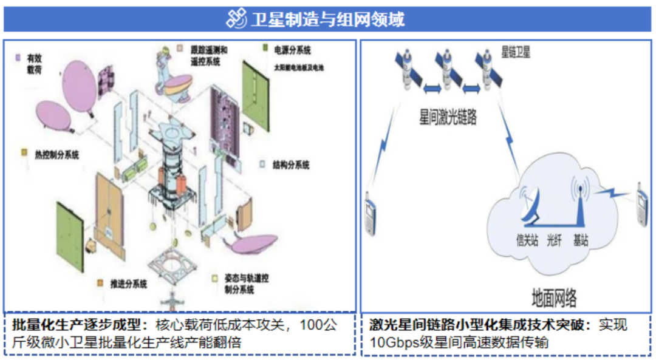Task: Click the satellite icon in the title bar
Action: coord(236,19)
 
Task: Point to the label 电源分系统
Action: coord(292,47)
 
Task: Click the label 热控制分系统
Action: coord(57,154)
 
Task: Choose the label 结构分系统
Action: coord(292,165)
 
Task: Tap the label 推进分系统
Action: coord(127,283)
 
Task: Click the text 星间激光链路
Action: coord(448,117)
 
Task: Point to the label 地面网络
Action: coord(554,298)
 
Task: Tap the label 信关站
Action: coord(527,241)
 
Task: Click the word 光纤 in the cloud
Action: coord(554,241)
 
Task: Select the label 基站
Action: coord(581,241)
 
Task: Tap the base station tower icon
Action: coord(580,203)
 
